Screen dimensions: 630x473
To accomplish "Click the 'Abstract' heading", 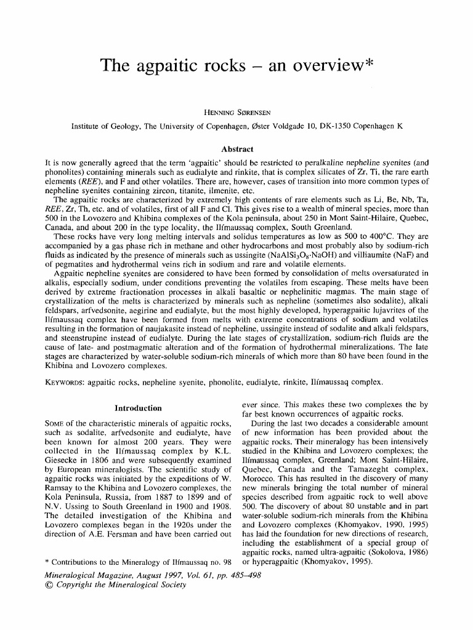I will (x=237, y=149).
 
